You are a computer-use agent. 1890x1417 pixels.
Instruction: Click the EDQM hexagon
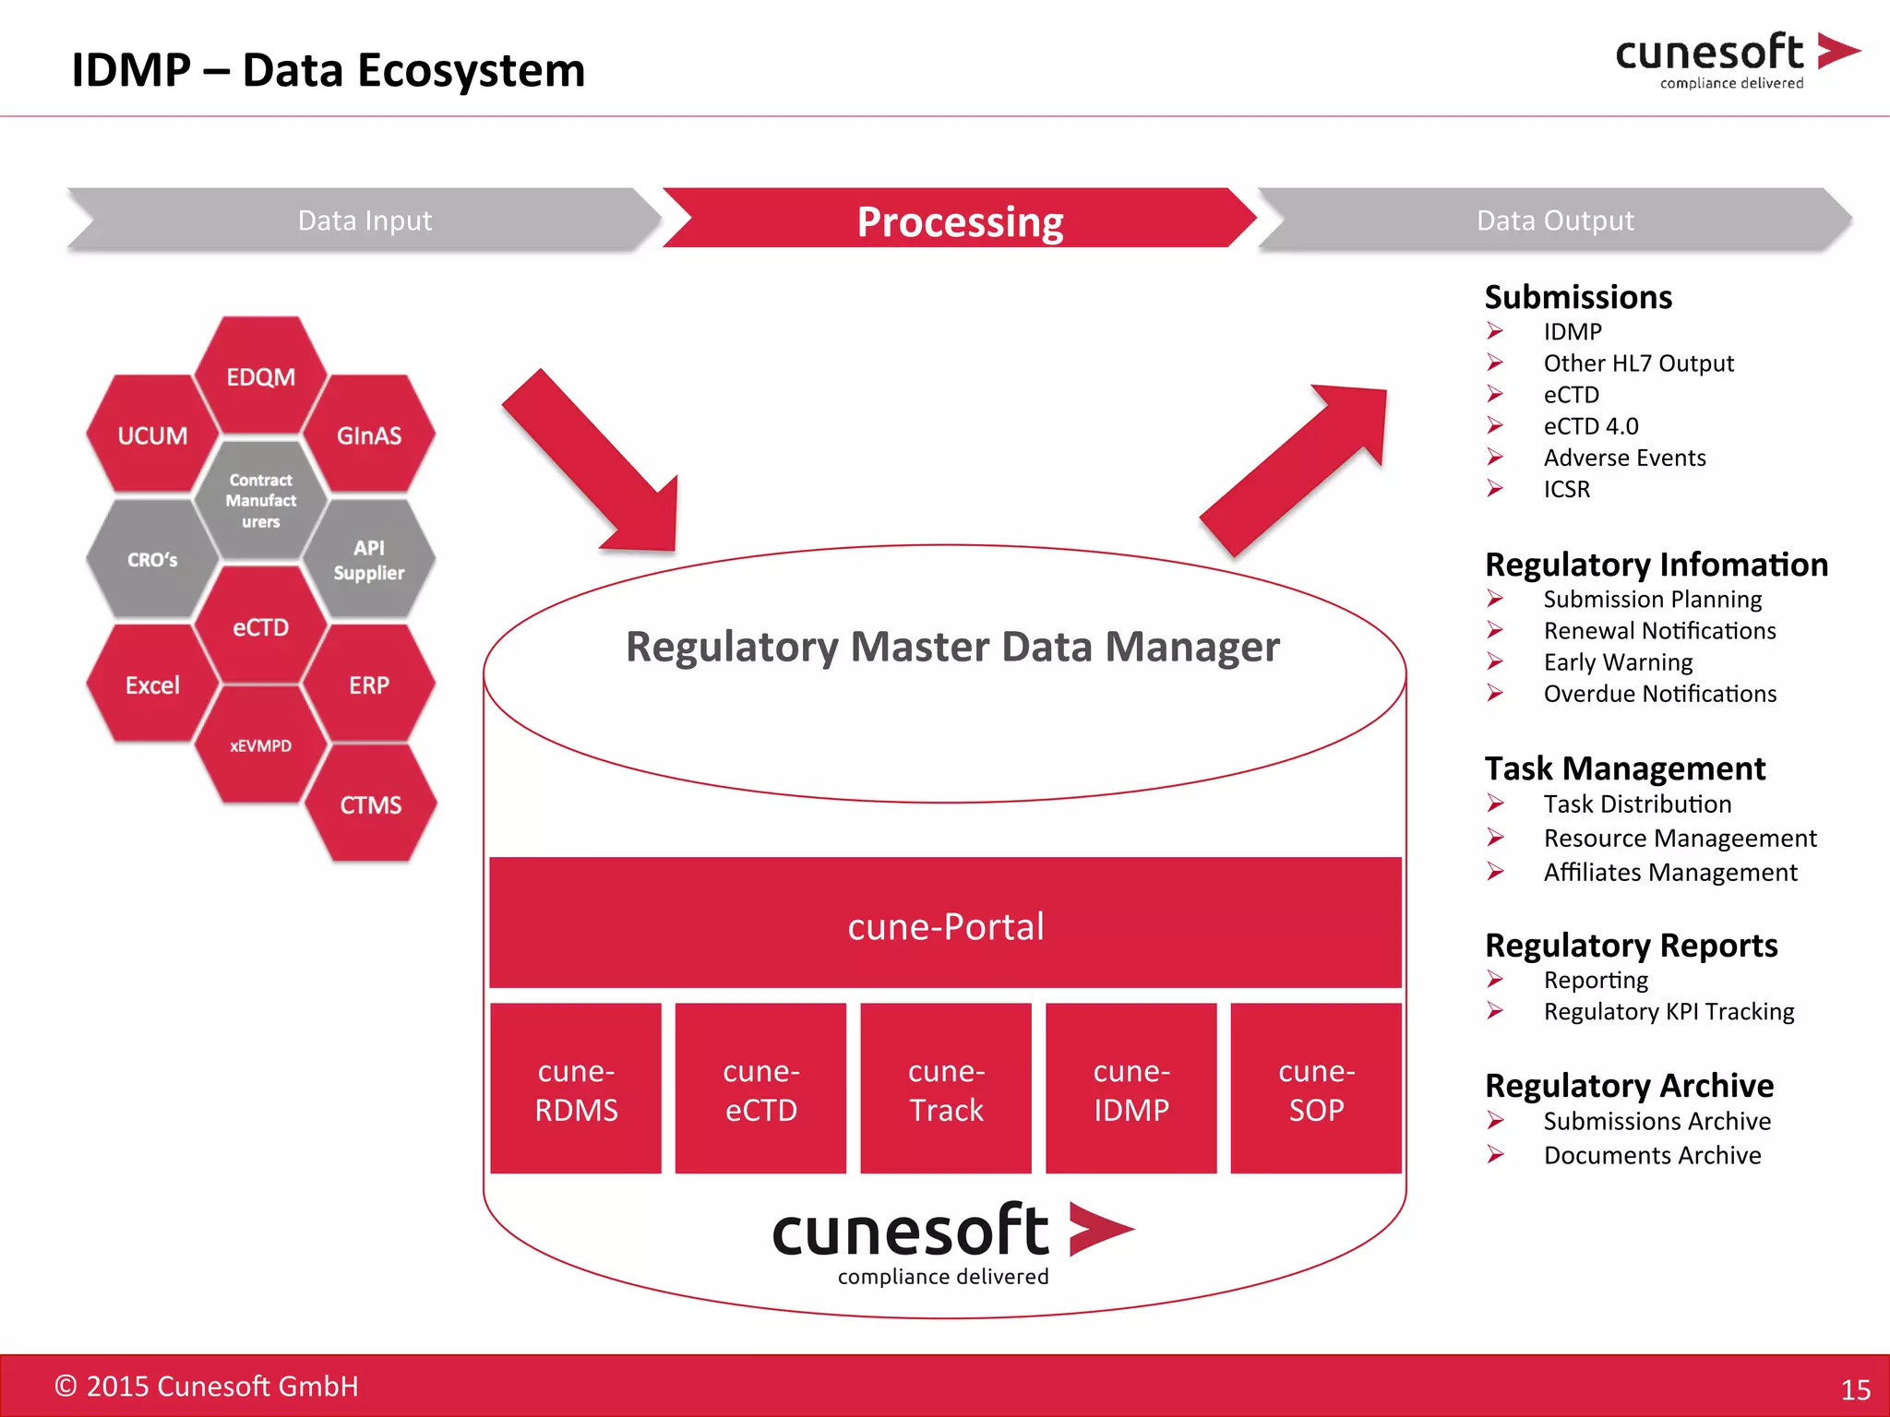[261, 376]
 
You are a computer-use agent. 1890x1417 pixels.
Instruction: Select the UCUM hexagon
[152, 435]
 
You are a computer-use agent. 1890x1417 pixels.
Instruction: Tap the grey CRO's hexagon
[152, 559]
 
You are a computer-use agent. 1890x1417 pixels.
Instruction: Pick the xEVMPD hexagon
[261, 745]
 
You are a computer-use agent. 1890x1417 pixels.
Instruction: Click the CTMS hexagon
[370, 804]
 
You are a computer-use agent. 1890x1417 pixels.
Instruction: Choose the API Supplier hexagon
[369, 559]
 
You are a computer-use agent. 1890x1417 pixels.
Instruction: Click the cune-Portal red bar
[945, 924]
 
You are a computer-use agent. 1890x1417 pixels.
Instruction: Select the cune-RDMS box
[576, 1090]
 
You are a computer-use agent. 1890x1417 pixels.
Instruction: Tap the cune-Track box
[946, 1090]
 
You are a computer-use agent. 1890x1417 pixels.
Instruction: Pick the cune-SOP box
[1316, 1090]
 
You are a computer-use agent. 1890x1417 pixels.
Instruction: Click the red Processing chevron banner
[960, 220]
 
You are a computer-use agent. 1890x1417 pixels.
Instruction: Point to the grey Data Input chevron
[365, 220]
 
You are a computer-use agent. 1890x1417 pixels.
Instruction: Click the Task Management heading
[1624, 768]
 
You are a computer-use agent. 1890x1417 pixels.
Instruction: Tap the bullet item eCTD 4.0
[1591, 426]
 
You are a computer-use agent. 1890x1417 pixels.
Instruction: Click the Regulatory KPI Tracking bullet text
[1669, 1011]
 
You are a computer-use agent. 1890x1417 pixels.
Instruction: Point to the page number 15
[1855, 1389]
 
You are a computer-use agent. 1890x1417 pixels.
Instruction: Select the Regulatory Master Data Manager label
[952, 647]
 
